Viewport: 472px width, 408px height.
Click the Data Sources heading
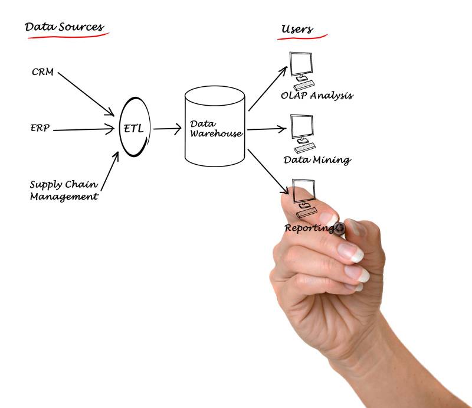click(x=64, y=27)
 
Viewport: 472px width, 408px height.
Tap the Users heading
click(x=297, y=29)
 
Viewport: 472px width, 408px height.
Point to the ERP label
click(x=40, y=127)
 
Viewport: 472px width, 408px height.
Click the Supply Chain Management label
click(x=64, y=190)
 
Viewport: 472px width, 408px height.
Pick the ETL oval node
click(x=136, y=128)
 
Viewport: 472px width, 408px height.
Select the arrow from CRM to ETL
click(x=86, y=93)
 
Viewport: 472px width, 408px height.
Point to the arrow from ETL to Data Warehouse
click(x=167, y=128)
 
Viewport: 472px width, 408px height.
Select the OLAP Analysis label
click(x=317, y=95)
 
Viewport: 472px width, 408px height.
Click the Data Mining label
click(x=317, y=159)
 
